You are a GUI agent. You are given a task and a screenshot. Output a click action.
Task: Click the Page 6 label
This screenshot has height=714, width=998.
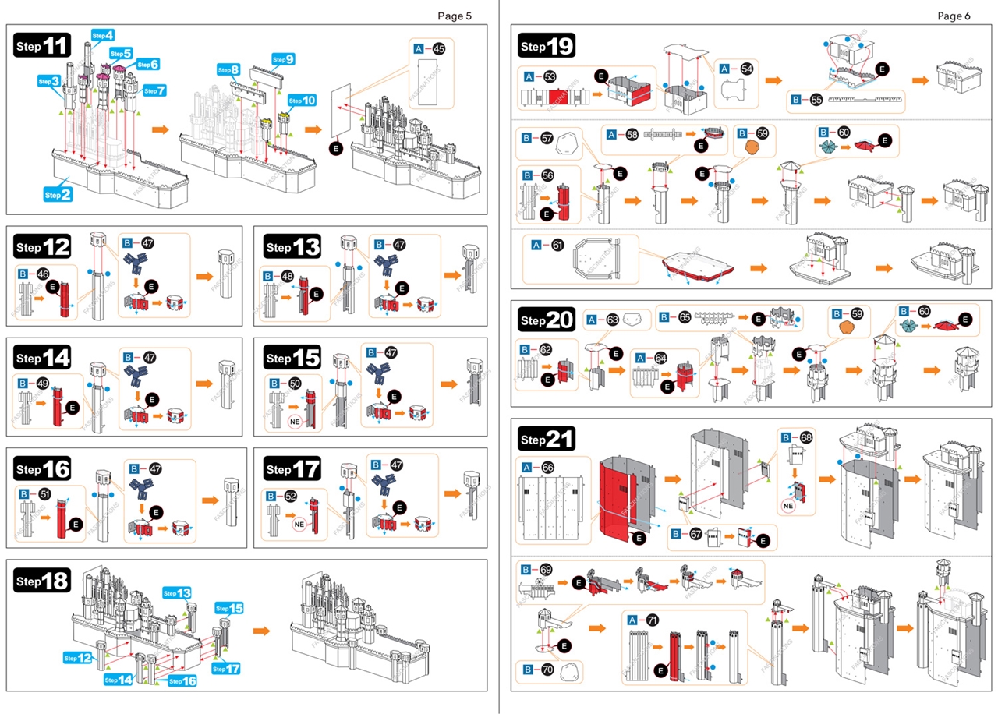click(x=954, y=16)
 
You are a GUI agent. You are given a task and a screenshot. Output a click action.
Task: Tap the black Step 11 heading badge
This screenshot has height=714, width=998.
click(x=43, y=46)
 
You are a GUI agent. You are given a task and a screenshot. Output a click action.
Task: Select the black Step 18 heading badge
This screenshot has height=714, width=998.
click(x=43, y=581)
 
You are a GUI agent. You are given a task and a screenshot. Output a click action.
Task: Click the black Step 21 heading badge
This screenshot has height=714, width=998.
click(x=547, y=440)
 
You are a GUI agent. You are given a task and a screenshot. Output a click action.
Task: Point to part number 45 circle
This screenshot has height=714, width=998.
click(x=439, y=48)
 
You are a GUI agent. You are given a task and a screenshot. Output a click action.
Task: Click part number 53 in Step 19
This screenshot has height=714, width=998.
click(x=550, y=76)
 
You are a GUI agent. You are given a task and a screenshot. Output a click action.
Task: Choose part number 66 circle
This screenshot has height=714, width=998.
click(x=548, y=468)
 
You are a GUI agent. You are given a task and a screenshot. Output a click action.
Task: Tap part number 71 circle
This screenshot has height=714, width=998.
click(x=653, y=620)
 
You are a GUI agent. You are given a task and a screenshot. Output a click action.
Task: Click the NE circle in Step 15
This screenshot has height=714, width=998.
click(x=295, y=421)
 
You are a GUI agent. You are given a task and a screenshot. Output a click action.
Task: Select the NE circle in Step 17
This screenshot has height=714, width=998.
click(x=298, y=525)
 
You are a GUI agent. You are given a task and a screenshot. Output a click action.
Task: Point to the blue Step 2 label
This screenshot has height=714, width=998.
click(x=58, y=194)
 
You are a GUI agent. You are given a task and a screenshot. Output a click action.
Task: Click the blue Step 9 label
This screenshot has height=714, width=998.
click(x=283, y=59)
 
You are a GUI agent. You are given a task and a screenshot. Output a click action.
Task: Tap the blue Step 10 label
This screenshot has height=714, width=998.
click(x=302, y=100)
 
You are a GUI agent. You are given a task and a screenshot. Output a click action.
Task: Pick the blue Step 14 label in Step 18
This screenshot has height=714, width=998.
click(x=119, y=680)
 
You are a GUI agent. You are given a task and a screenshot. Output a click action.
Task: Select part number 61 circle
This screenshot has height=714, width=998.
click(x=557, y=245)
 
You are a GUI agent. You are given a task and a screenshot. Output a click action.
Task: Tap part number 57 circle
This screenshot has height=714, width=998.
click(x=547, y=138)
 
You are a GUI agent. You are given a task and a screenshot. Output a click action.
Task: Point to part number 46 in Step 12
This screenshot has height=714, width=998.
click(x=42, y=274)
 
